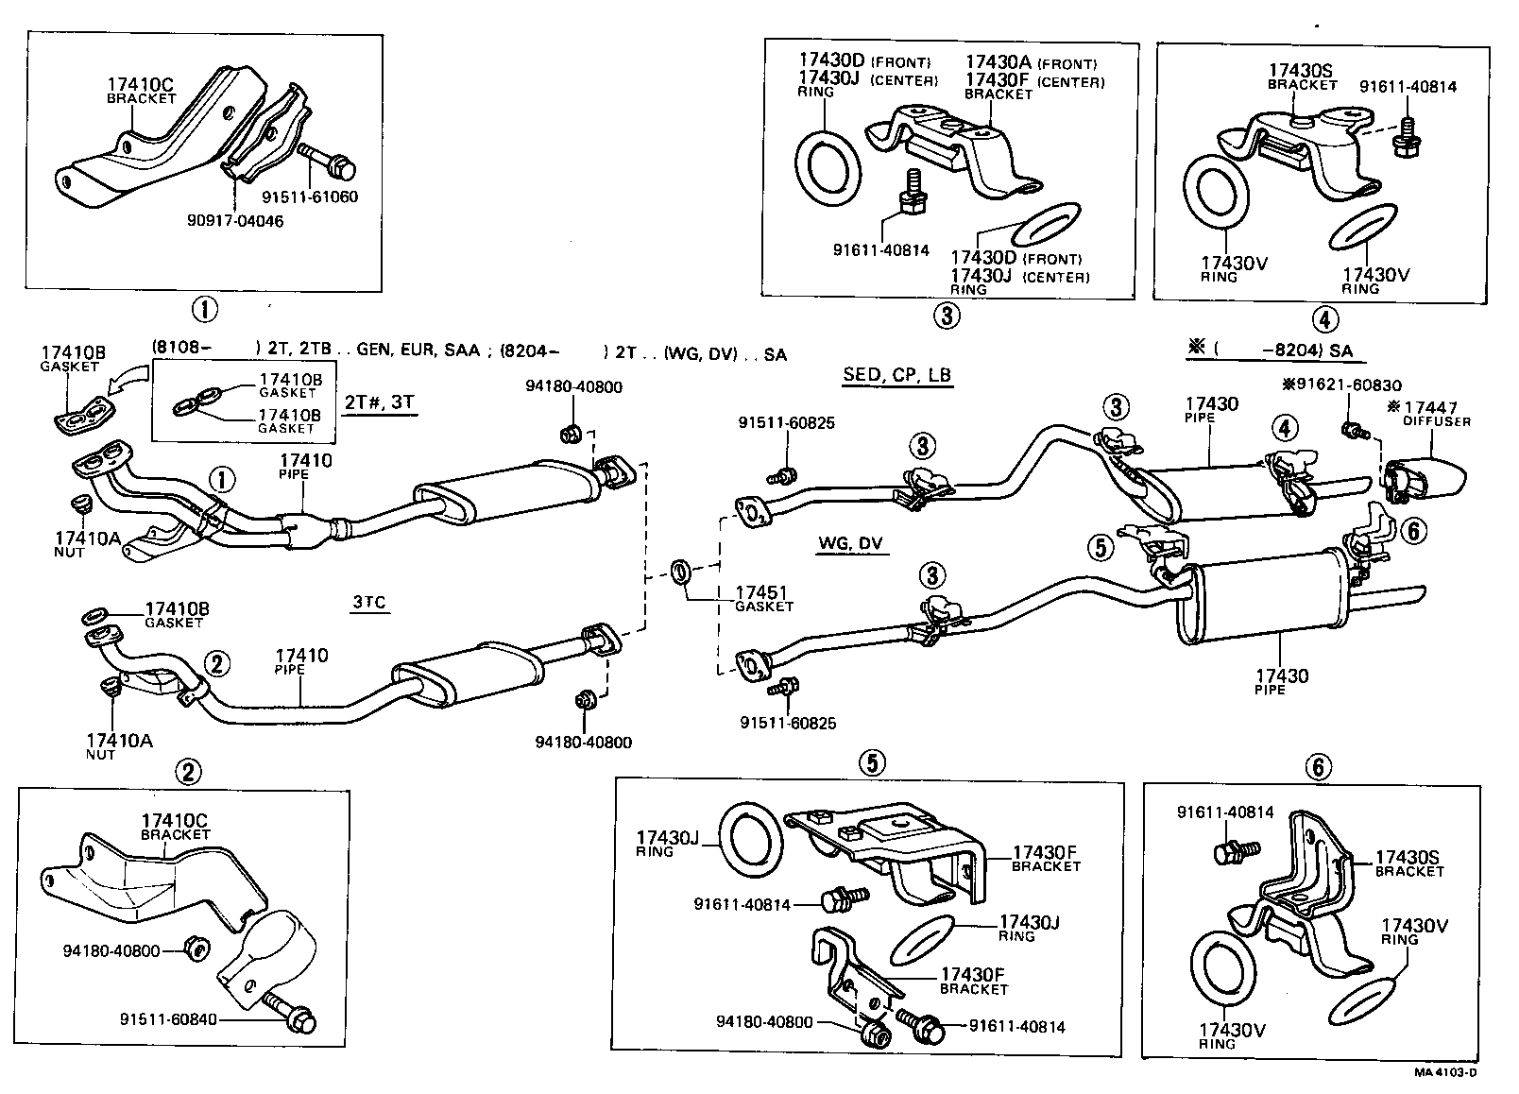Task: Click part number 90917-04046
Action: (236, 221)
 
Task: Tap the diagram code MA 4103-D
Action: (1444, 1072)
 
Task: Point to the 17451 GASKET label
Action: (763, 599)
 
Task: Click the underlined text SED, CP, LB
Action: (896, 375)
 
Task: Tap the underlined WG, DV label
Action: (849, 544)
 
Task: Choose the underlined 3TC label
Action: (370, 603)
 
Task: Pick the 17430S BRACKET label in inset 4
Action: (1302, 76)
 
